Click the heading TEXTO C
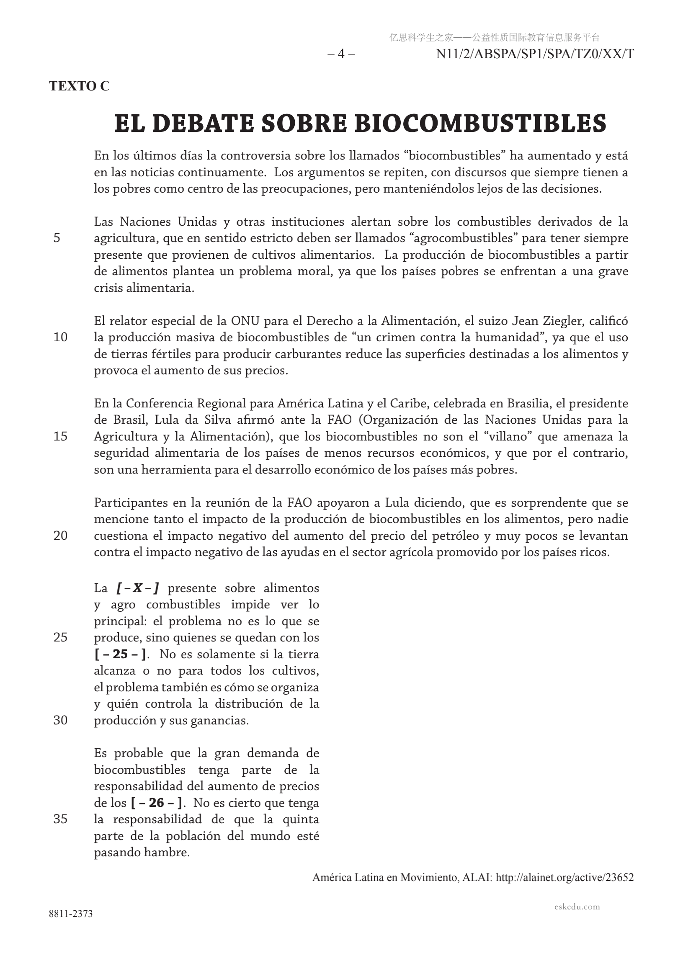click(x=79, y=86)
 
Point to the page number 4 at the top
click(x=341, y=54)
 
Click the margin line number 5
click(x=57, y=238)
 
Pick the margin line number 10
click(x=60, y=337)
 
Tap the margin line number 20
click(x=60, y=536)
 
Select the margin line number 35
click(x=60, y=819)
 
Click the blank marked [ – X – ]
click(x=138, y=588)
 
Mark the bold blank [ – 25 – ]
click(x=120, y=654)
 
